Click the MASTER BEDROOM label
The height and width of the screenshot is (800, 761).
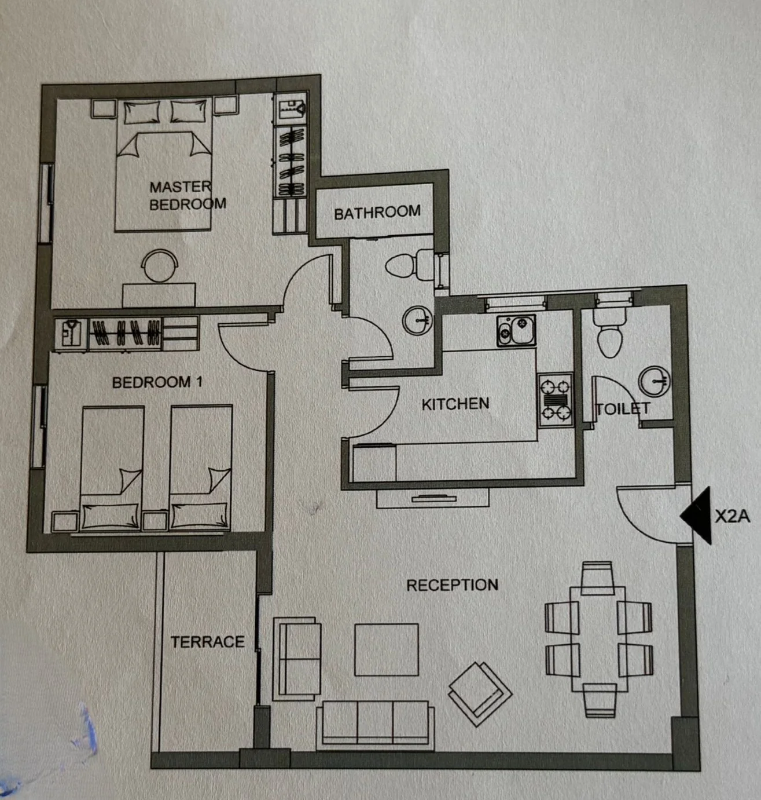tap(188, 196)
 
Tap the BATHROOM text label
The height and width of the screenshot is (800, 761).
tap(377, 213)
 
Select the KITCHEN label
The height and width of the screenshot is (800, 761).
tap(455, 404)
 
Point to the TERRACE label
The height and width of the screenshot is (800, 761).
tap(207, 642)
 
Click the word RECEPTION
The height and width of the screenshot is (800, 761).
tap(453, 585)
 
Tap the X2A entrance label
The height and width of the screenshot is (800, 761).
tap(732, 516)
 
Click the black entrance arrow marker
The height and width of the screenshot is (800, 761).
tap(696, 515)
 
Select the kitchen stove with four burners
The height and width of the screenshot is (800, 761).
tap(556, 400)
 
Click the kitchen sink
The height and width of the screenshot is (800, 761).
tap(516, 330)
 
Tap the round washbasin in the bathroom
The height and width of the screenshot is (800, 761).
tap(417, 320)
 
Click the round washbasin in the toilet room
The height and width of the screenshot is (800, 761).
tap(654, 381)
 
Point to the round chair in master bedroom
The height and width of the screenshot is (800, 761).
tap(160, 266)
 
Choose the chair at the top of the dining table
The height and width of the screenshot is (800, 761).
tap(597, 578)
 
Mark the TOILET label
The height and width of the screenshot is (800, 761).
tap(623, 408)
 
